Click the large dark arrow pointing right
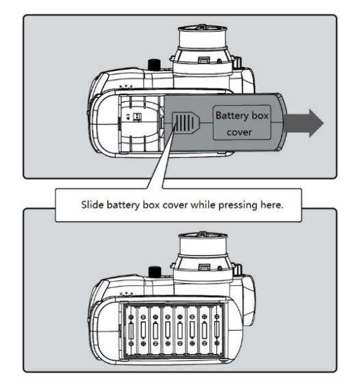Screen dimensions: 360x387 pyautogui.click(x=304, y=123)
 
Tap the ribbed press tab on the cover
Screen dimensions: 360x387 pyautogui.click(x=185, y=122)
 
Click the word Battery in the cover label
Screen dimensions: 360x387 pyautogui.click(x=232, y=116)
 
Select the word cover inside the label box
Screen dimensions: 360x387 pyautogui.click(x=239, y=132)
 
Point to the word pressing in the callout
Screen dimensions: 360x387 pyautogui.click(x=238, y=205)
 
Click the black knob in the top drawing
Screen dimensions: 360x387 pyautogui.click(x=154, y=65)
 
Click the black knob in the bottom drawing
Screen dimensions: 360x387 pyautogui.click(x=155, y=272)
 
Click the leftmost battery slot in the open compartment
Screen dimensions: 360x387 pyautogui.click(x=131, y=330)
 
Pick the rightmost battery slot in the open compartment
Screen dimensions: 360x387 pyautogui.click(x=217, y=330)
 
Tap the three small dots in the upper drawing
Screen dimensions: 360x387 pyautogui.click(x=126, y=87)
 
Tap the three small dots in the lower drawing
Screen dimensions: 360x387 pyautogui.click(x=126, y=294)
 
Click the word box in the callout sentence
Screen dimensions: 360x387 pyautogui.click(x=151, y=204)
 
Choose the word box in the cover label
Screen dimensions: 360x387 pyautogui.click(x=259, y=116)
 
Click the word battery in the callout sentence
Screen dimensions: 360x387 pyautogui.click(x=123, y=205)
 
